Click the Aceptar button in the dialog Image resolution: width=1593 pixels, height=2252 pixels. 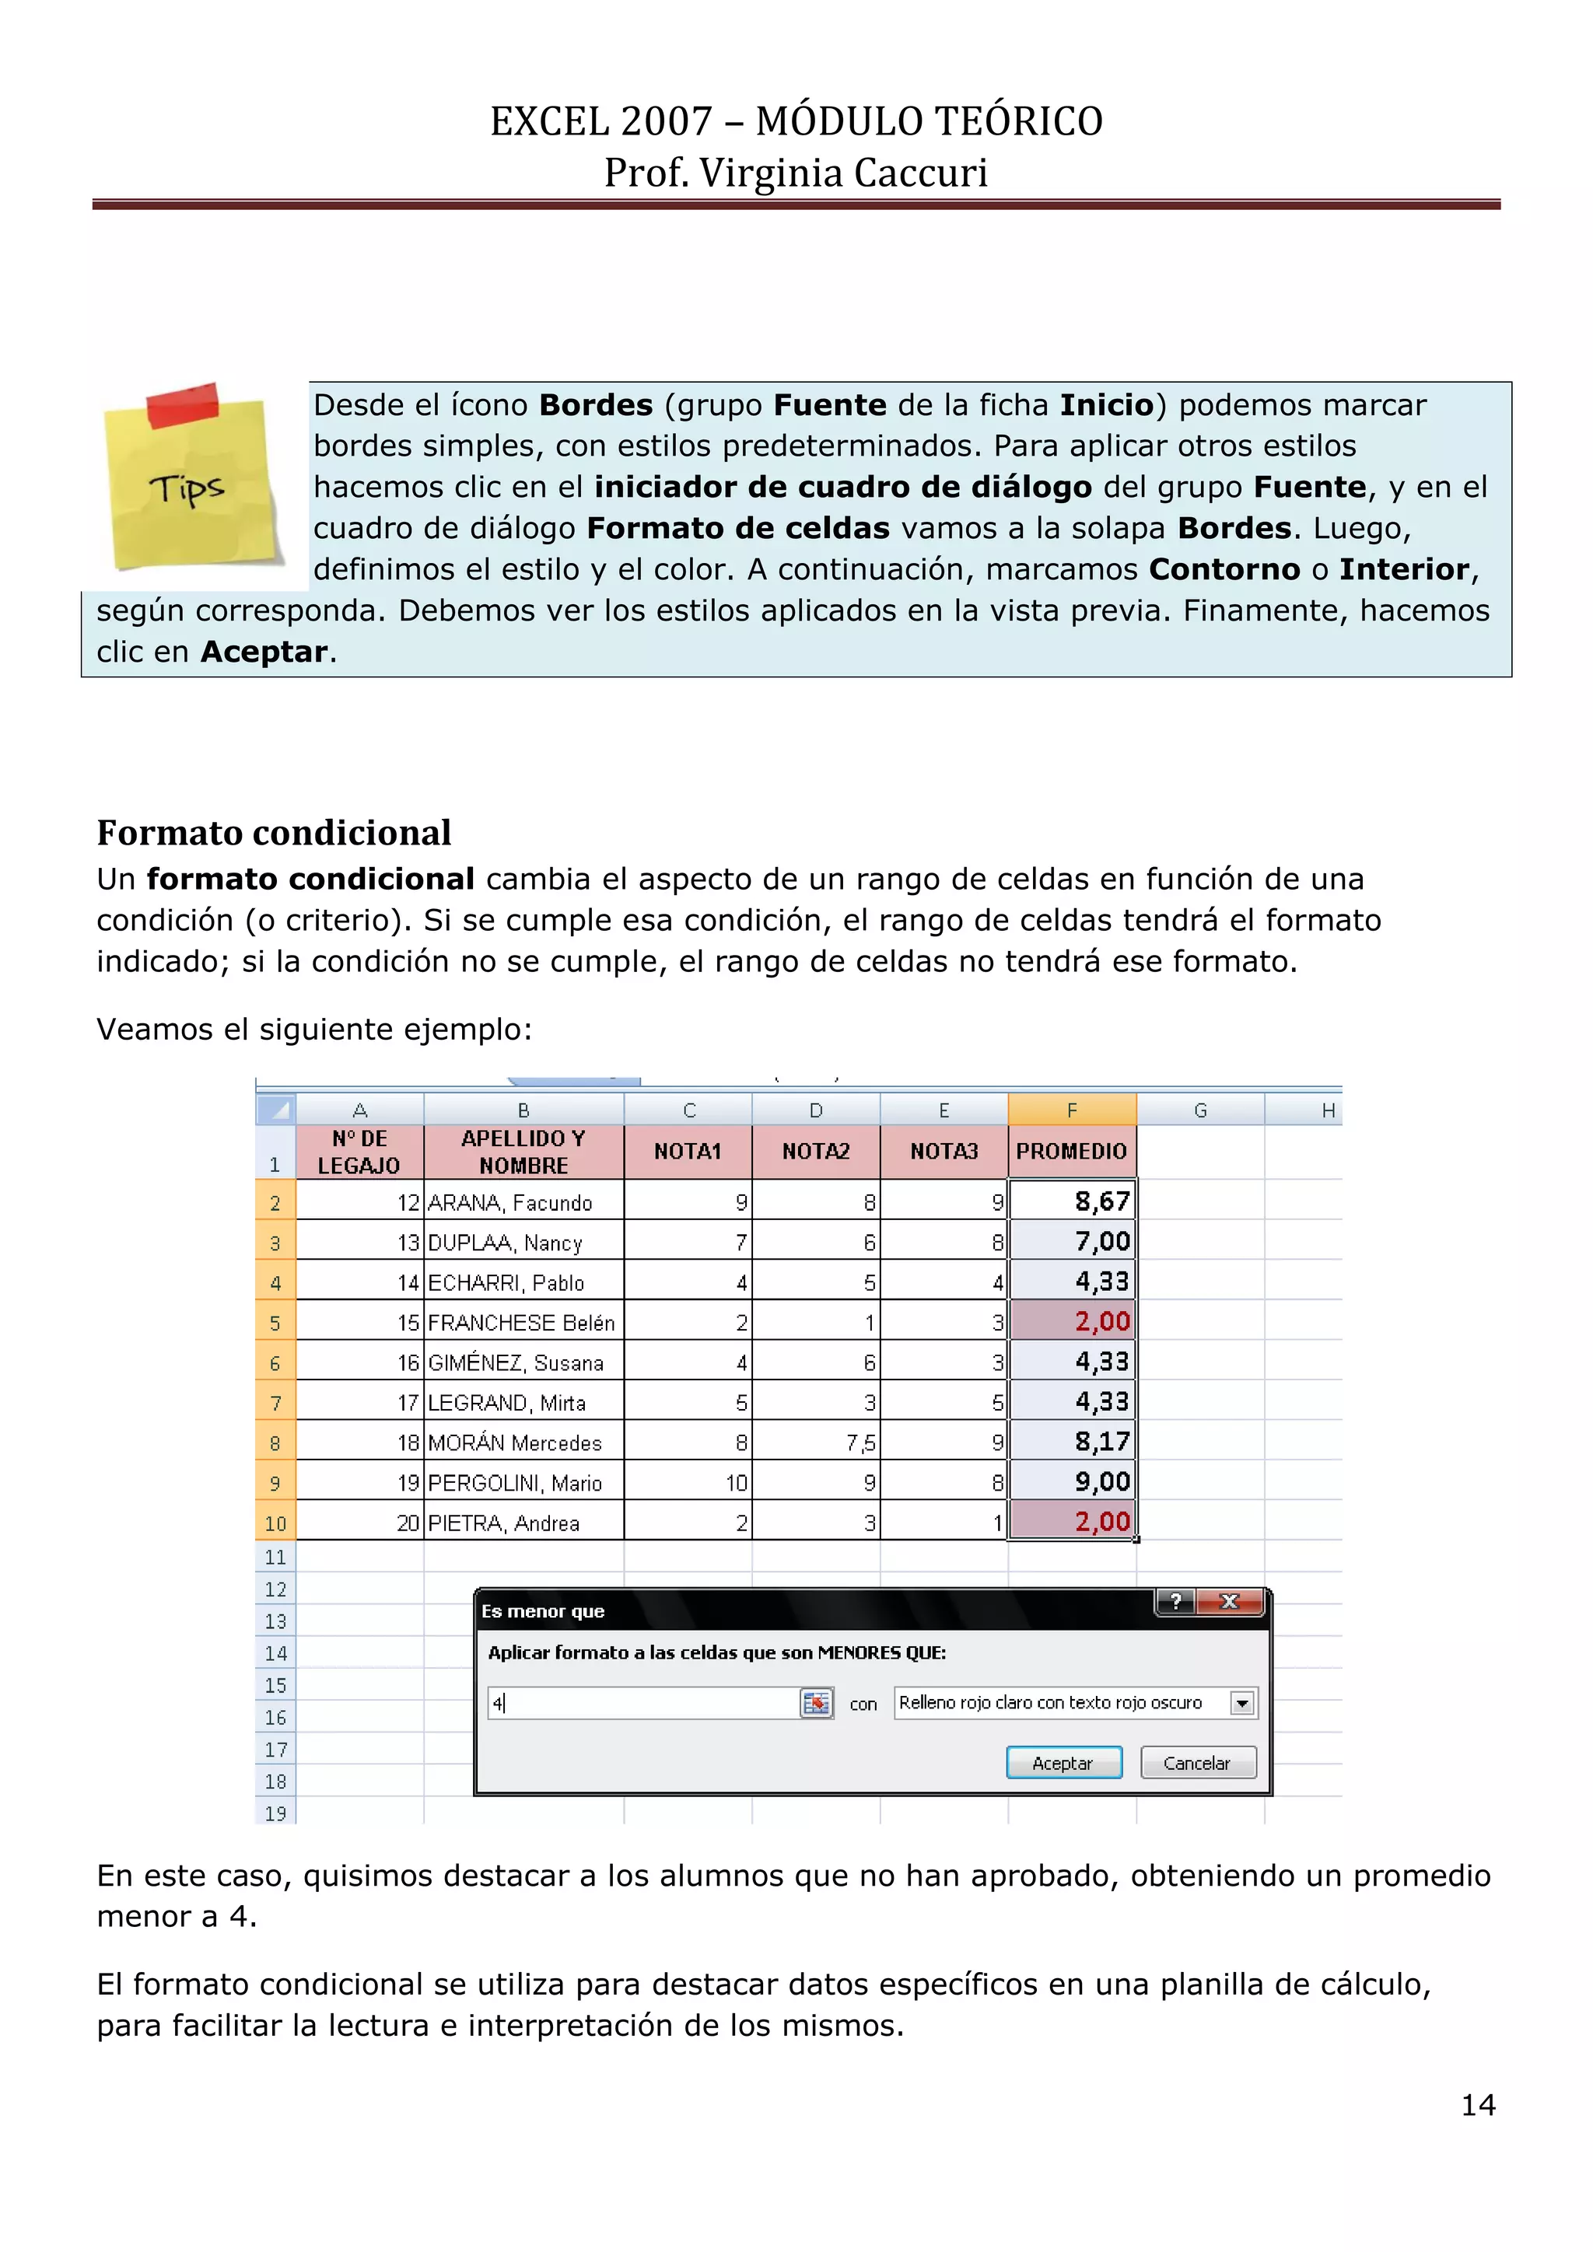click(1063, 1763)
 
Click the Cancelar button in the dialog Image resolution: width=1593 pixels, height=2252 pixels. click(1198, 1763)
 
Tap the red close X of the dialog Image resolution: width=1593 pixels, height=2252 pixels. click(1230, 1602)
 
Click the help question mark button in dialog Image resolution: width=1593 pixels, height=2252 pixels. click(1175, 1602)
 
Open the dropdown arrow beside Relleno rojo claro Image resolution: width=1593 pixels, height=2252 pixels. click(1242, 1704)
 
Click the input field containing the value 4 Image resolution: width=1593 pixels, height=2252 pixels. click(642, 1704)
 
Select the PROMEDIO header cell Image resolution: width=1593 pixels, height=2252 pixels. click(1071, 1152)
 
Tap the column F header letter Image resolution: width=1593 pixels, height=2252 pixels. click(1071, 1110)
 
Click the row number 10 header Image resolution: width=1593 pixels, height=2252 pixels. click(275, 1523)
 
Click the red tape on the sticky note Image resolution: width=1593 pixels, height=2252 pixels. click(183, 405)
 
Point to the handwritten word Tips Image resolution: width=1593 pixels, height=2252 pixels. click(187, 488)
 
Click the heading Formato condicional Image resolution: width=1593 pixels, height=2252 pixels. click(274, 833)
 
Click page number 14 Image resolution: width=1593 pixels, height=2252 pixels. click(1477, 2105)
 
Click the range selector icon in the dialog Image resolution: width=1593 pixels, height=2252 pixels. click(815, 1704)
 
